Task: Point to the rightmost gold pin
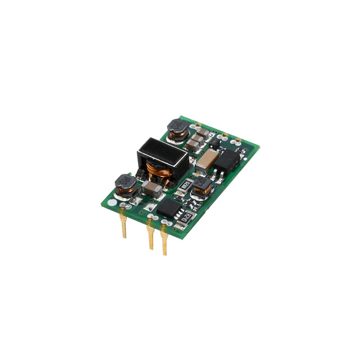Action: click(x=165, y=242)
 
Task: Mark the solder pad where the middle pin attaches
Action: click(x=150, y=217)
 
